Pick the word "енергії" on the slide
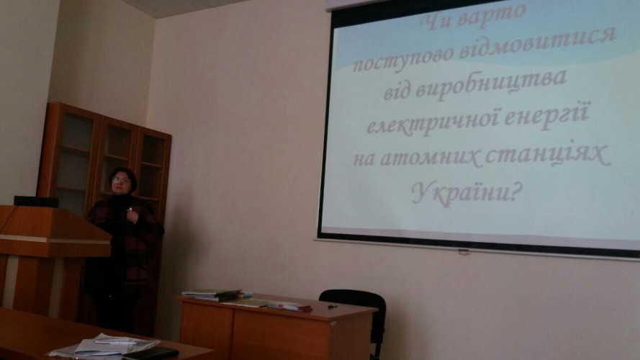(547, 117)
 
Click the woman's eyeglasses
(121, 180)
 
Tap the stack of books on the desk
(212, 294)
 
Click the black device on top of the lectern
(36, 201)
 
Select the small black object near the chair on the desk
(333, 306)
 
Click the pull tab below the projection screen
(464, 252)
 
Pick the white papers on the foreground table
(104, 346)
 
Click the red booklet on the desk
(289, 307)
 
